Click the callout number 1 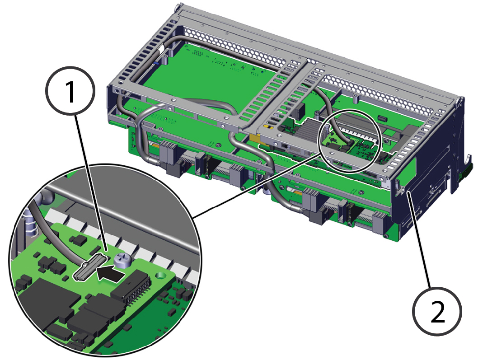pyautogui.click(x=70, y=90)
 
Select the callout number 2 pyautogui.click(x=437, y=311)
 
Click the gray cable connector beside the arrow pyautogui.click(x=90, y=266)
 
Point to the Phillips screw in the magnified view pyautogui.click(x=122, y=261)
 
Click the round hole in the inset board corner pyautogui.click(x=159, y=276)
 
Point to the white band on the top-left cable pyautogui.click(x=161, y=49)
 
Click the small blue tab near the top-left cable pyautogui.click(x=155, y=63)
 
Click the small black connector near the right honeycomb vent pyautogui.click(x=382, y=118)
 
